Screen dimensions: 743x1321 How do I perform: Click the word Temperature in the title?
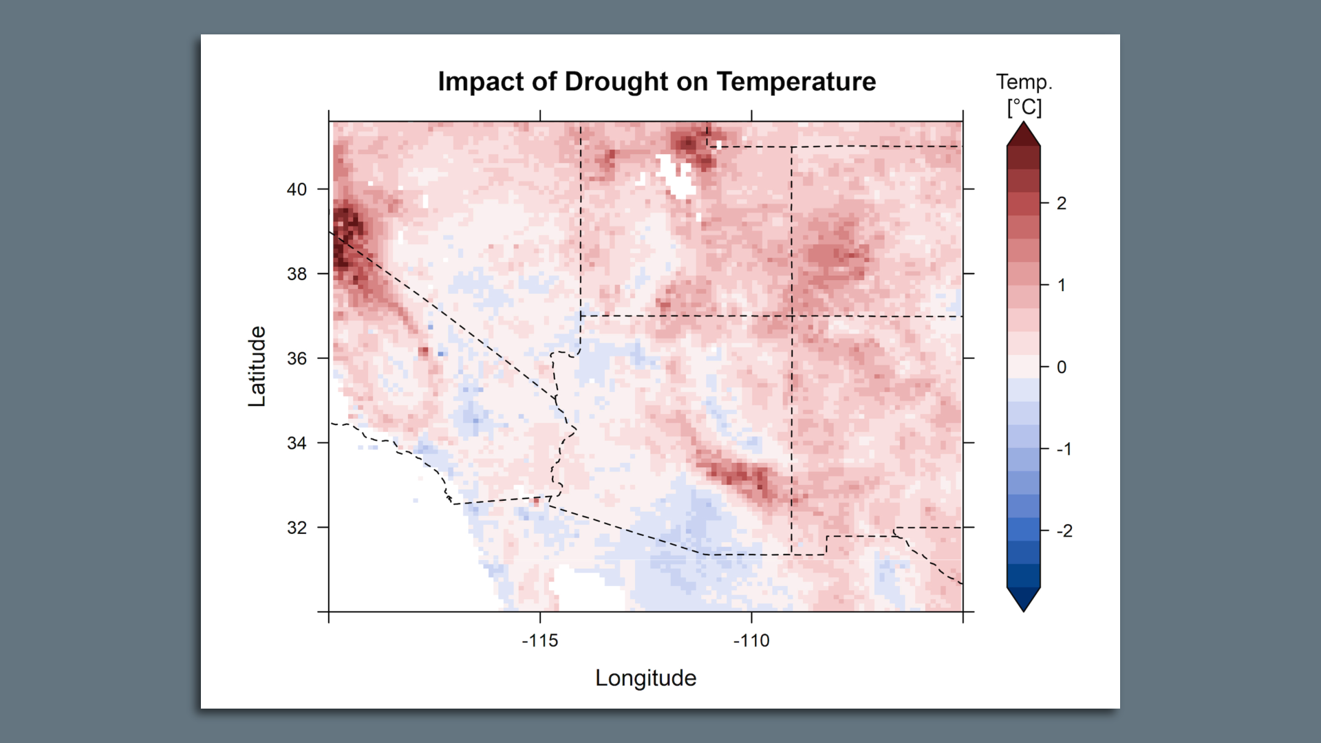pos(796,82)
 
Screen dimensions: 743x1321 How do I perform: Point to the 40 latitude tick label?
pos(297,189)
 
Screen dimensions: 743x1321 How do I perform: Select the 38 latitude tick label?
pos(297,274)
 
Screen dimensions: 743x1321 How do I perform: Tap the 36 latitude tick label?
pos(297,358)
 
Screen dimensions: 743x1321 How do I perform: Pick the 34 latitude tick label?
pos(297,443)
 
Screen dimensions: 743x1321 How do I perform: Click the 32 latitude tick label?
pos(297,528)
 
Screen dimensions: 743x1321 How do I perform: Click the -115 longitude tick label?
pos(540,640)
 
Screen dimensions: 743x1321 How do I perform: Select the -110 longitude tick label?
pos(751,640)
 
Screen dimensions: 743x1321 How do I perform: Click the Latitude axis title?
pos(257,366)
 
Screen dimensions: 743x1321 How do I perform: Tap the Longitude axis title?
pos(645,678)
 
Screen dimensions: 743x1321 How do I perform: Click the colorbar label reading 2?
pos(1062,203)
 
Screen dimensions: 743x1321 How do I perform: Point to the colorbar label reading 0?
pos(1062,367)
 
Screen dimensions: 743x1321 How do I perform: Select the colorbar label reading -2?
pos(1064,530)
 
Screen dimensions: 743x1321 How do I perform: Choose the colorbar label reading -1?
pos(1064,449)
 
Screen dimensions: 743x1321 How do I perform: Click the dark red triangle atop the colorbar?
pos(1023,136)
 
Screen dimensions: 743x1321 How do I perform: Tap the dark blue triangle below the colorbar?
pos(1023,599)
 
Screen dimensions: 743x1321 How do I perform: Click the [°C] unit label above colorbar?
pos(1024,107)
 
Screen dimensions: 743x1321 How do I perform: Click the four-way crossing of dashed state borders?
pos(792,316)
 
